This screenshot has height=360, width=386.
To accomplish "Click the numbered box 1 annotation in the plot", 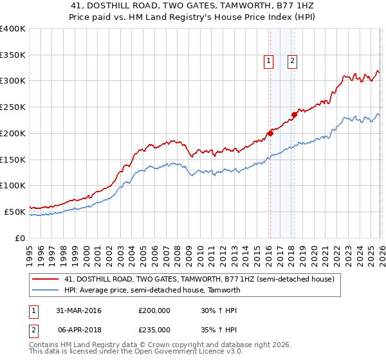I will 268,61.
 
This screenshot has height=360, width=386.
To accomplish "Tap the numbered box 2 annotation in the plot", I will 292,61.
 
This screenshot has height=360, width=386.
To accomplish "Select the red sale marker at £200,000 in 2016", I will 270,133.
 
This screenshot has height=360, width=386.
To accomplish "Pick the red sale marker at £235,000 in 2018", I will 293,115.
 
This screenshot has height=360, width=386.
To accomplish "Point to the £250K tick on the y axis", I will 13,107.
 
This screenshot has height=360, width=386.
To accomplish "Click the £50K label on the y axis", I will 15,212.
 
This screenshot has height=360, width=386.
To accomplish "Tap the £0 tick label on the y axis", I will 20,238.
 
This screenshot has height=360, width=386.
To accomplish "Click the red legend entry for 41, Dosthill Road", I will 199,280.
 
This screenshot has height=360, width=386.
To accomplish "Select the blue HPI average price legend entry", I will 152,290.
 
